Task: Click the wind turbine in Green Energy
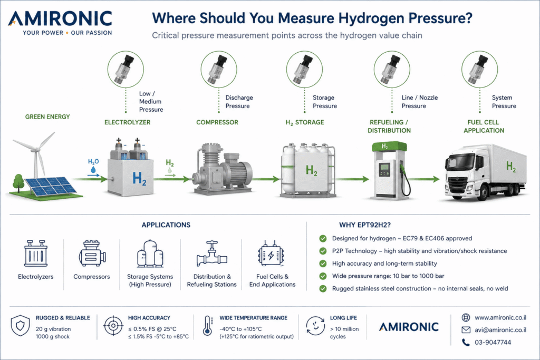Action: coord(36,155)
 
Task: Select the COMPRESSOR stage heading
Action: coord(217,122)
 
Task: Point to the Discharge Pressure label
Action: coord(239,102)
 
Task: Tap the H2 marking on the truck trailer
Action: coord(510,167)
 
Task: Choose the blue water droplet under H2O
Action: coord(93,170)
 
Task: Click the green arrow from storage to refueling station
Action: coord(352,179)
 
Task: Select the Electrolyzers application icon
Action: coord(36,254)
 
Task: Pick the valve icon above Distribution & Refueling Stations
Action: coord(212,254)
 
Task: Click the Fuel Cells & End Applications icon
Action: coord(271,254)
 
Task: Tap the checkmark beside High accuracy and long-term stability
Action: coord(323,264)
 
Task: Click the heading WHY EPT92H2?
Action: coord(365,225)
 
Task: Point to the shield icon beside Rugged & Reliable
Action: coord(21,325)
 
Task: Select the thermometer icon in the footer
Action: coord(207,326)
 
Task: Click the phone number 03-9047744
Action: coord(493,343)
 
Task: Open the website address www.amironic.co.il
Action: coord(500,318)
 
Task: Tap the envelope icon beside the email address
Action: coord(466,330)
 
